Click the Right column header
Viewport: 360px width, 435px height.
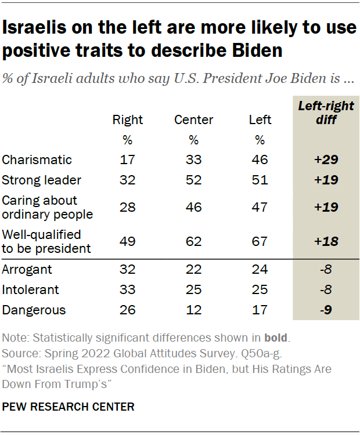(128, 120)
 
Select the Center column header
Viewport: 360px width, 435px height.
(193, 120)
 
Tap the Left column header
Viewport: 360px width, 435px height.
(260, 120)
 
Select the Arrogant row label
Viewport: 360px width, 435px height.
(27, 269)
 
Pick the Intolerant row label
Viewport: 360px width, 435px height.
(30, 289)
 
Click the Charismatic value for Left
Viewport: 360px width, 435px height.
(260, 159)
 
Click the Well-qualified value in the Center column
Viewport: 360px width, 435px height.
(193, 241)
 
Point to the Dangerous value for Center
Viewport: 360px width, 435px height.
(193, 310)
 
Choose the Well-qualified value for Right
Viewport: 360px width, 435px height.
(128, 241)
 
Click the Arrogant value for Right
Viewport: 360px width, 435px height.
(128, 269)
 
